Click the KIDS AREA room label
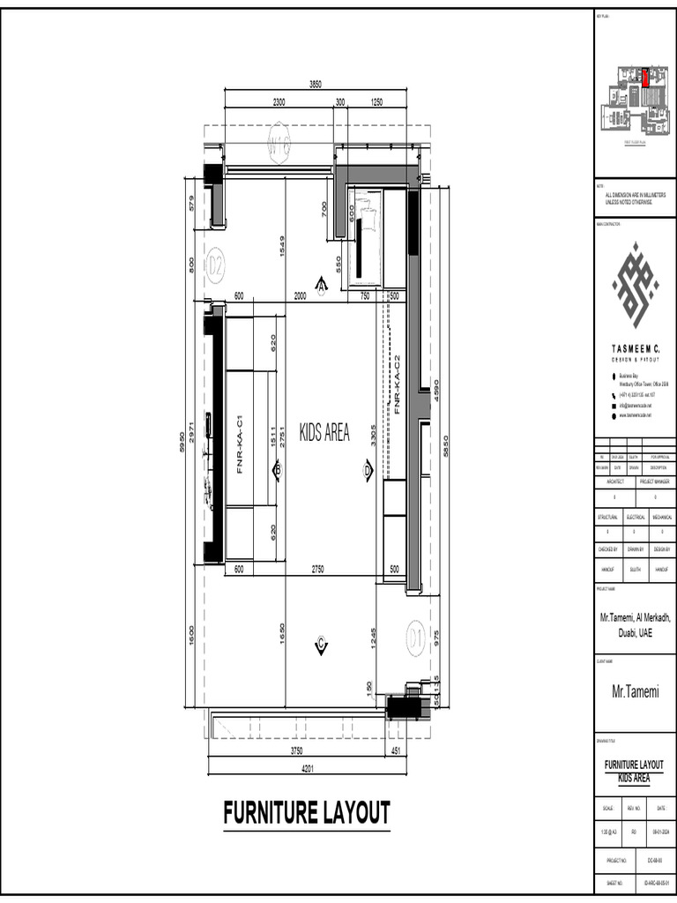click(x=324, y=432)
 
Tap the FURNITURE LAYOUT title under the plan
click(x=307, y=812)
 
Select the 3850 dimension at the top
click(x=316, y=85)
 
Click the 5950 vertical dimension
click(x=182, y=441)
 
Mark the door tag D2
click(x=216, y=264)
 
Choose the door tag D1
click(x=417, y=635)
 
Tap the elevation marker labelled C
click(x=321, y=646)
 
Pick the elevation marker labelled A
click(x=322, y=284)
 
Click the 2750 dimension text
click(x=317, y=570)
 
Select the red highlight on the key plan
click(x=644, y=78)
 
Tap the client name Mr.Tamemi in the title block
click(x=636, y=692)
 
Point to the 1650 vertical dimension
click(x=282, y=633)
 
